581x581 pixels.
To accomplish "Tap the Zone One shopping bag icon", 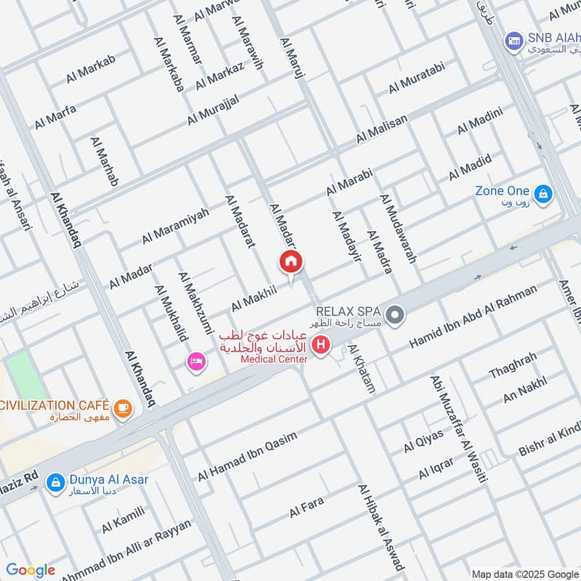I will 543,194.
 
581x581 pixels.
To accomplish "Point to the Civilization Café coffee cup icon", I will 123,407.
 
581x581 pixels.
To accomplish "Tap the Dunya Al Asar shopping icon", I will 54,482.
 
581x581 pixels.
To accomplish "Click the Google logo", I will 30,569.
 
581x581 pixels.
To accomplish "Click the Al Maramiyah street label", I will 175,226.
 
